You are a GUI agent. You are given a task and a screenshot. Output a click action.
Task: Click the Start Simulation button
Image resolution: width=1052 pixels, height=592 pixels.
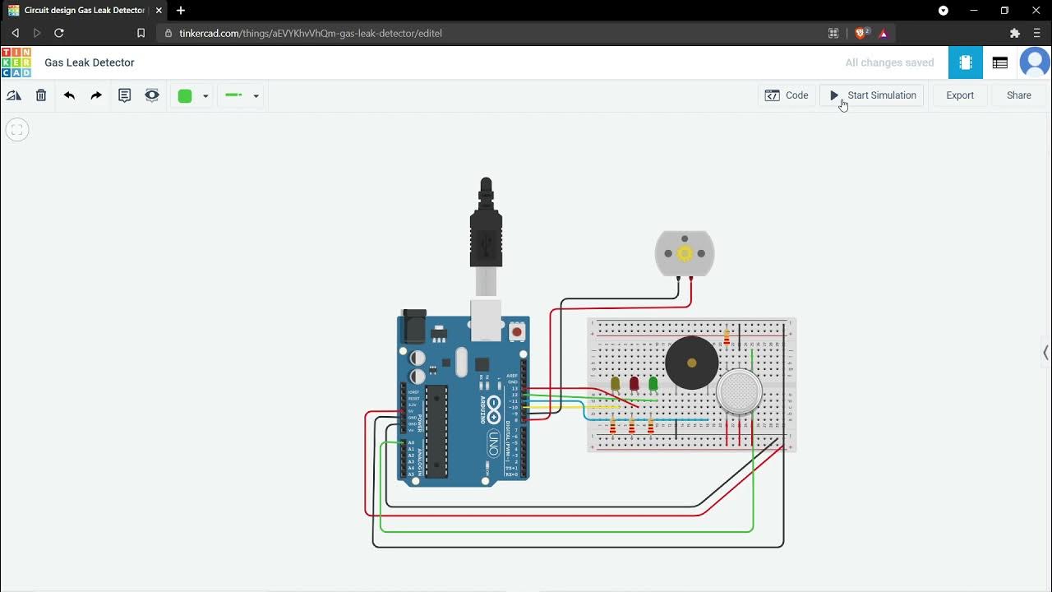[x=873, y=95]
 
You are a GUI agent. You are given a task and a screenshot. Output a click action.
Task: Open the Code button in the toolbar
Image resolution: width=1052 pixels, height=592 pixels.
[x=787, y=95]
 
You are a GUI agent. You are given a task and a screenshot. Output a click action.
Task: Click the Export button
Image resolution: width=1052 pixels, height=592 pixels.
[x=959, y=95]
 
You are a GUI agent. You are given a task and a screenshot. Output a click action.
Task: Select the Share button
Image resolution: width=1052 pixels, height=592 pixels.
[x=1018, y=95]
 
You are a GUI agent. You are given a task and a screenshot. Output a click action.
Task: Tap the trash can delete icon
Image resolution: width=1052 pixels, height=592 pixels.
[x=41, y=95]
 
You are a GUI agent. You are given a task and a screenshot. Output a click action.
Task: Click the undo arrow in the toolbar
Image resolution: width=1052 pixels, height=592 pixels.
[x=69, y=95]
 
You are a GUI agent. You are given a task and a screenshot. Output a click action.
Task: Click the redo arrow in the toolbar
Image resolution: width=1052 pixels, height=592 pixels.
[x=96, y=95]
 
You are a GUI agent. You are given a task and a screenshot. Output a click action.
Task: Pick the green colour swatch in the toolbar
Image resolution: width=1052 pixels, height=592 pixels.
[x=185, y=96]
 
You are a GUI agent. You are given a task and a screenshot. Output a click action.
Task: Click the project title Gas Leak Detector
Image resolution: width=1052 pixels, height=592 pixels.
[x=90, y=62]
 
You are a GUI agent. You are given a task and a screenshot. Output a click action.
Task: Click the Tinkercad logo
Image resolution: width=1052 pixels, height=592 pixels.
[x=16, y=62]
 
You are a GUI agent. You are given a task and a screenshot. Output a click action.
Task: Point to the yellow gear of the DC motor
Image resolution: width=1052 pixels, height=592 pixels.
[x=685, y=253]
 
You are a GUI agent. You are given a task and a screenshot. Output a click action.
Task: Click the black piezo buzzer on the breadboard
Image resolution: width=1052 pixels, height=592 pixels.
[x=691, y=363]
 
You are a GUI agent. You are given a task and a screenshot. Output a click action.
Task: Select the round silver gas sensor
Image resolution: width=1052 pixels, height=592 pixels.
[x=739, y=391]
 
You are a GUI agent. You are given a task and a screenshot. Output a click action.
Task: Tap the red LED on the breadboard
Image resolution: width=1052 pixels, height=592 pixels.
[x=634, y=384]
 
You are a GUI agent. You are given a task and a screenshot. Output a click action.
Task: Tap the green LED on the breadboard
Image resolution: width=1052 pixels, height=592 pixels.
[x=653, y=383]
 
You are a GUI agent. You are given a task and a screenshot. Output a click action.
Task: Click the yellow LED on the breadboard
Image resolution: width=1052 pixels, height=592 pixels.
[x=615, y=384]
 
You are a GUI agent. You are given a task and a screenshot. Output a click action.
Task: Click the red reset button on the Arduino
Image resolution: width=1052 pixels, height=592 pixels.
[x=516, y=332]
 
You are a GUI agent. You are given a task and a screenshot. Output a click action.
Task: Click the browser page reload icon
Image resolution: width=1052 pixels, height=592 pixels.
[x=59, y=33]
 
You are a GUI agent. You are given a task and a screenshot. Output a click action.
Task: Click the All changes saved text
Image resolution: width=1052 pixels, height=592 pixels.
[x=889, y=62]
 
